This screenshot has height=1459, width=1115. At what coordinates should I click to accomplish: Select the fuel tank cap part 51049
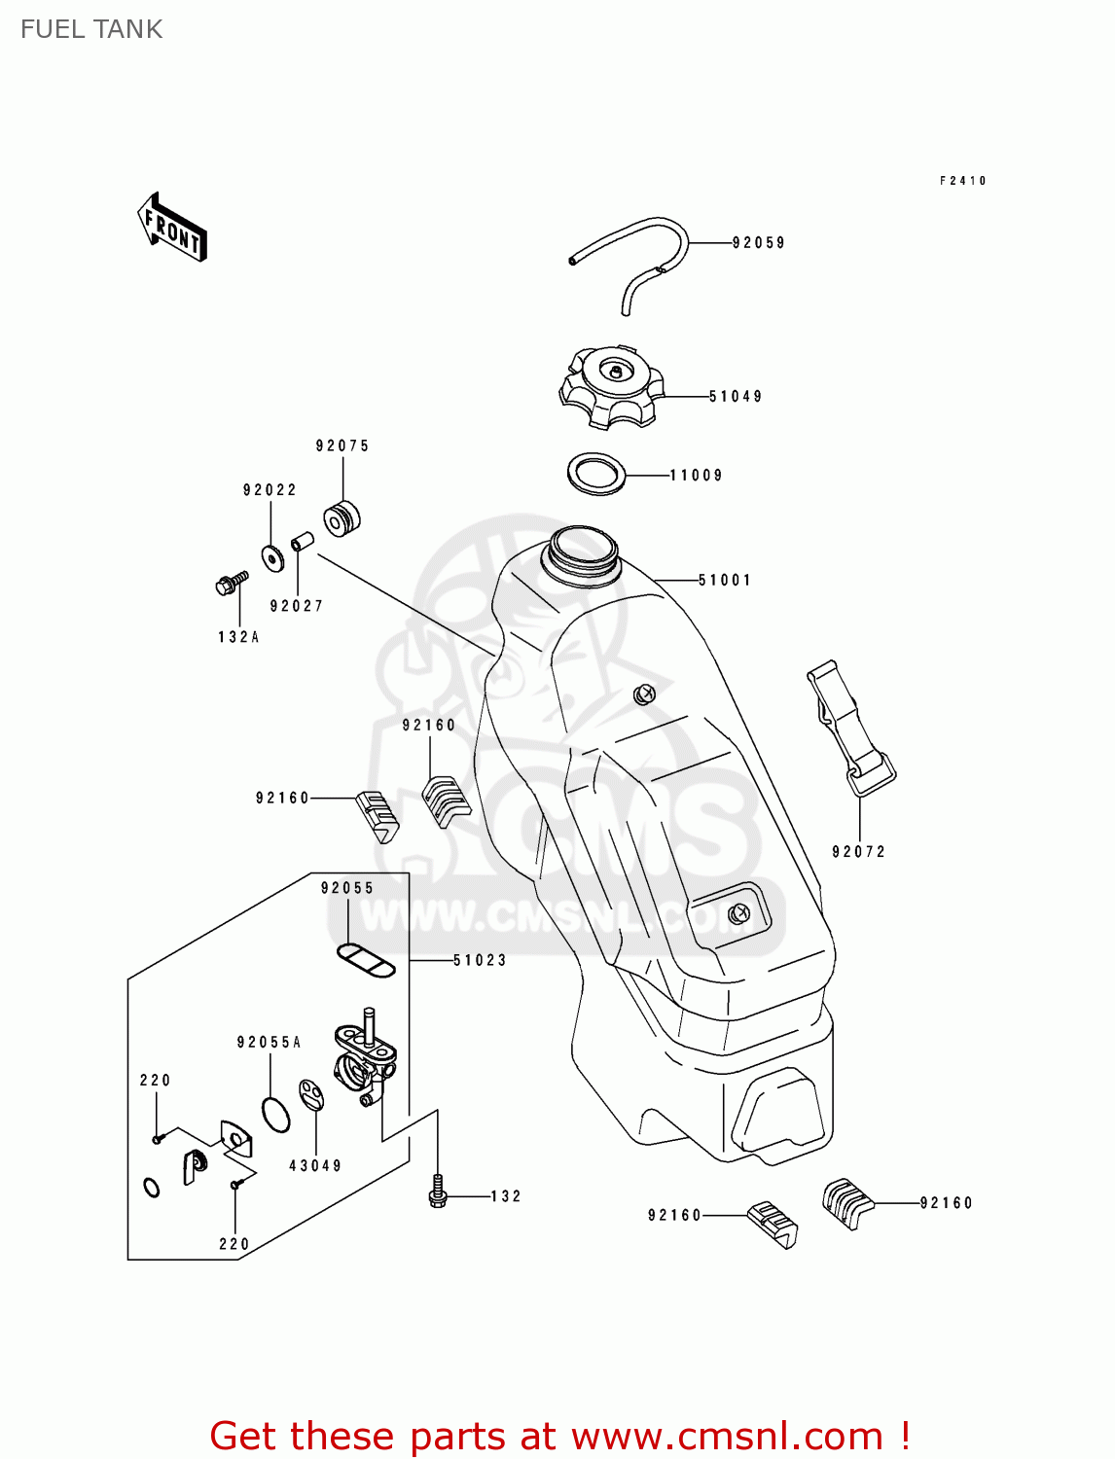610,390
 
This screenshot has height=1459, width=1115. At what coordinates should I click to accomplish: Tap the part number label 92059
758,243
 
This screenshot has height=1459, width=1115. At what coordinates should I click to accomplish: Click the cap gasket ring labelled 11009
595,474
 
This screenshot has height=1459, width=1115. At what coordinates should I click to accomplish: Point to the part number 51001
724,581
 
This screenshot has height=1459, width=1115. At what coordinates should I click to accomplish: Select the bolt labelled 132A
230,584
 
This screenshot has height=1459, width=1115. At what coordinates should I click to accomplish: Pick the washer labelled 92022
272,557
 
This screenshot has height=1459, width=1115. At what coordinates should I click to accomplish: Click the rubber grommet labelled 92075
341,518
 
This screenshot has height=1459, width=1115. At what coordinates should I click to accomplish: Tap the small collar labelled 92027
303,541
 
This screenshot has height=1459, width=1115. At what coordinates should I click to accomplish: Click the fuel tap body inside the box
364,1059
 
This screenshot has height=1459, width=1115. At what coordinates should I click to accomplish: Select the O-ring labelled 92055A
275,1115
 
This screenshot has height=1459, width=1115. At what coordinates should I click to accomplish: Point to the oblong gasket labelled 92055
366,960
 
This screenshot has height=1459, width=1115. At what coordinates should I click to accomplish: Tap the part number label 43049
315,1165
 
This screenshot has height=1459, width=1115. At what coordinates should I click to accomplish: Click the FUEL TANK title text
91,29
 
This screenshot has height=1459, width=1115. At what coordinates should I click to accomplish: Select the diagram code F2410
962,181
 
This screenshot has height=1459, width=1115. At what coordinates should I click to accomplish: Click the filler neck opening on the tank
583,550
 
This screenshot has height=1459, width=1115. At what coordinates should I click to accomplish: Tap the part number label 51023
480,960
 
